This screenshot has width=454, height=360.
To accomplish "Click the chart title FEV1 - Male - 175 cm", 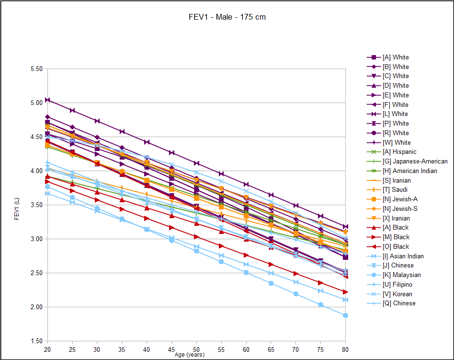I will click(x=227, y=17).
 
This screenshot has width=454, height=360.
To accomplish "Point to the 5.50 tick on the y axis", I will click(x=36, y=69).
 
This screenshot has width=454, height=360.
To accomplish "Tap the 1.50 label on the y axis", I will click(x=36, y=341).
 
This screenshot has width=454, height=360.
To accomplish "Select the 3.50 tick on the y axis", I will click(x=36, y=205).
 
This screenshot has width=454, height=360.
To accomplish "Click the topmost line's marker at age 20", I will click(x=47, y=100).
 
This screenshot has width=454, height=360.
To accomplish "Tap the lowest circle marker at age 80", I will click(x=345, y=315).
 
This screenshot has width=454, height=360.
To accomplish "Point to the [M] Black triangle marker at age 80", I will click(x=345, y=292).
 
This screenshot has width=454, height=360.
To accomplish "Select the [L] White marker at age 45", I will click(x=171, y=152).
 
